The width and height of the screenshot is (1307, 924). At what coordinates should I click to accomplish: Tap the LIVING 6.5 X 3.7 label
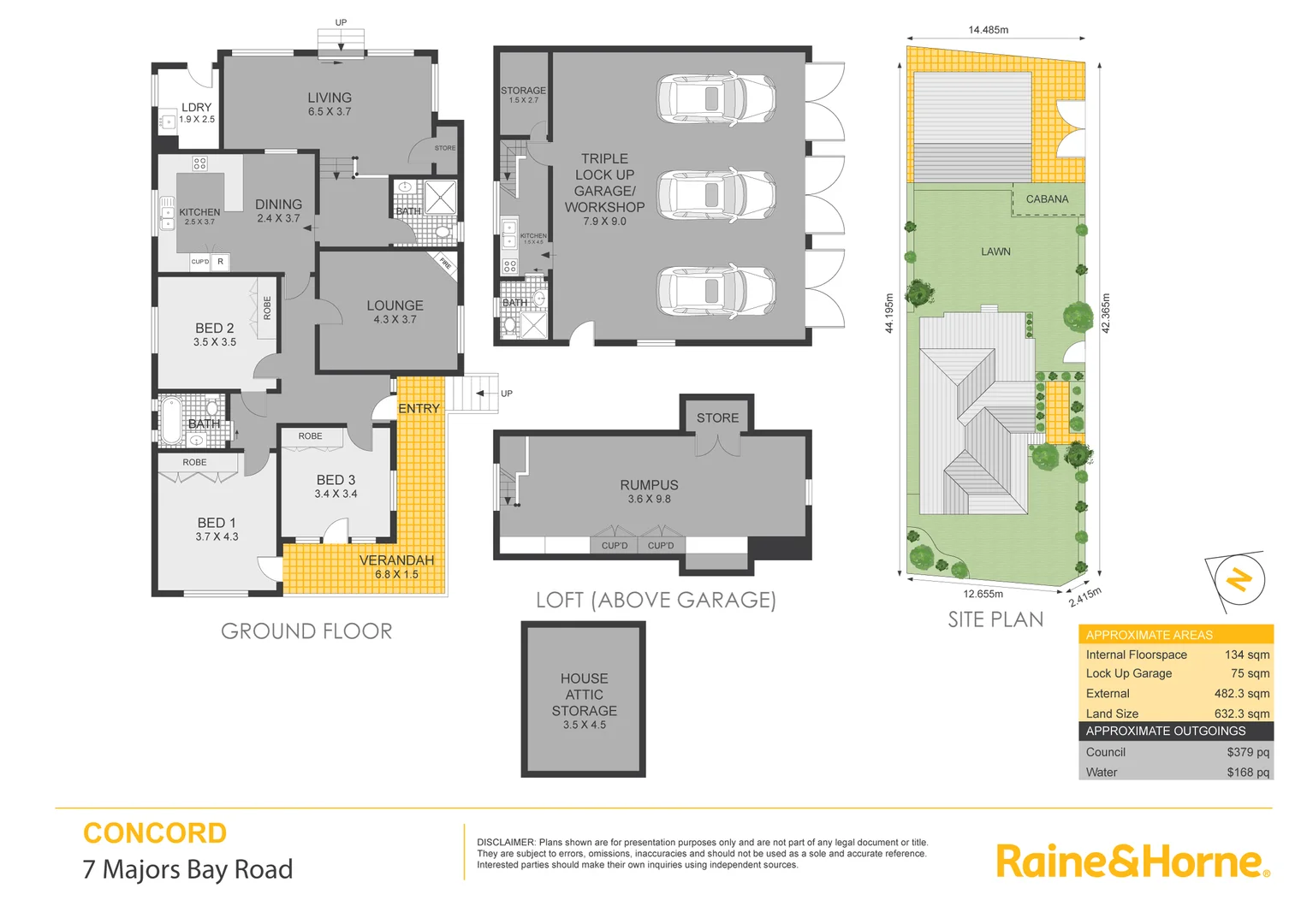pyautogui.click(x=330, y=104)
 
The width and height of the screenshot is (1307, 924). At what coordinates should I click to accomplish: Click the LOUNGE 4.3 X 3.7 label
pyautogui.click(x=395, y=311)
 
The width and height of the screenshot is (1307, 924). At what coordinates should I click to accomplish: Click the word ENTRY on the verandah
pyautogui.click(x=419, y=409)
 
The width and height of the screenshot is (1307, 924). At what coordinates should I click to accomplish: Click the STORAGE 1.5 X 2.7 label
pyautogui.click(x=523, y=94)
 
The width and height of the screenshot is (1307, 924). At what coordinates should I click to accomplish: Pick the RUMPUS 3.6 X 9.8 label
pyautogui.click(x=649, y=491)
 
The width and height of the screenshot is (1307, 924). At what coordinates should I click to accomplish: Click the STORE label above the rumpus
pyautogui.click(x=717, y=418)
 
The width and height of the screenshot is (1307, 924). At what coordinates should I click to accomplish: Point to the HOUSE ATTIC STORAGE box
pyautogui.click(x=584, y=700)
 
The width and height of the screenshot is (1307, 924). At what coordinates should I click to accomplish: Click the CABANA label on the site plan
pyautogui.click(x=1047, y=199)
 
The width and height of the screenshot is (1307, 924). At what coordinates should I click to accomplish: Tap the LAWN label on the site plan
pyautogui.click(x=995, y=252)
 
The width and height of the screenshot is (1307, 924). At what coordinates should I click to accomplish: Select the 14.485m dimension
pyautogui.click(x=988, y=30)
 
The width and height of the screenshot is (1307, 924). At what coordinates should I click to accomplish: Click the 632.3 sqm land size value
pyautogui.click(x=1241, y=714)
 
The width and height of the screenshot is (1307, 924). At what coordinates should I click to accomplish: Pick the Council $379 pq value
pyautogui.click(x=1247, y=752)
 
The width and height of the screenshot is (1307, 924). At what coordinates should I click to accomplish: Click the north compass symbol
pyautogui.click(x=1238, y=580)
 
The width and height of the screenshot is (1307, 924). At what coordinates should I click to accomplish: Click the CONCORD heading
pyautogui.click(x=155, y=833)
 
